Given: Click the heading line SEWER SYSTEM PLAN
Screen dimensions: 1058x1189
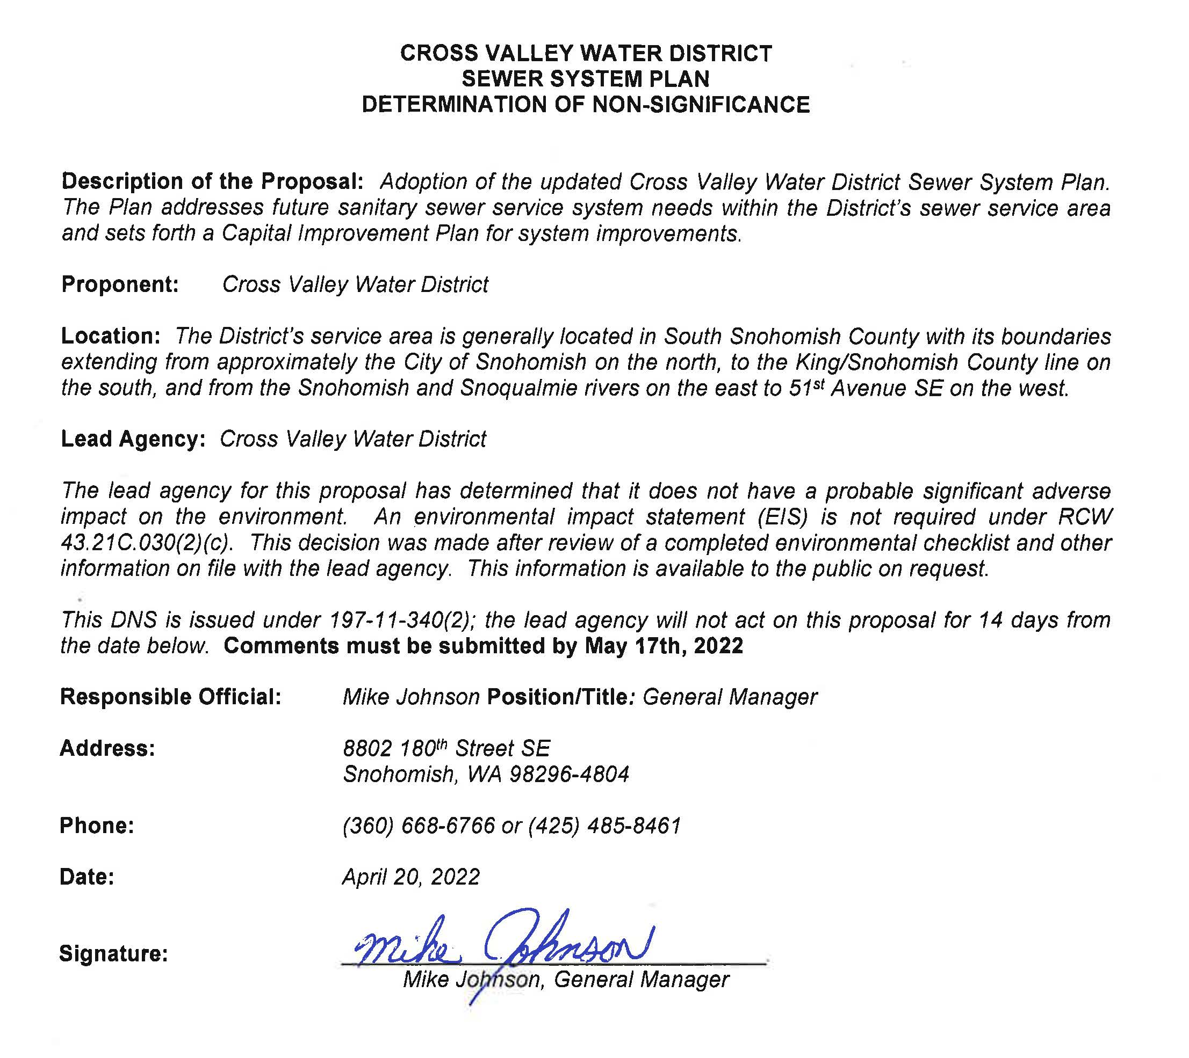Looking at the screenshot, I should click(x=585, y=79).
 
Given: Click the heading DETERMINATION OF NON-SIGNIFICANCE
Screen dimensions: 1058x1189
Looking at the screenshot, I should click(x=585, y=105).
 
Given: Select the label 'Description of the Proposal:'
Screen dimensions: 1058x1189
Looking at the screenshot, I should click(x=212, y=182).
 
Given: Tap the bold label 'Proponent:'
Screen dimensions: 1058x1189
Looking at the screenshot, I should click(x=120, y=285).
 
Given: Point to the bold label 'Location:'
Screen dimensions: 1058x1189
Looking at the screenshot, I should click(x=111, y=337).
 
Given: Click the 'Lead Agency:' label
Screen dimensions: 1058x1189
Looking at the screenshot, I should click(x=133, y=440).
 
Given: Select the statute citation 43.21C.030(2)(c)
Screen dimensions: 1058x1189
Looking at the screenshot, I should click(x=147, y=543).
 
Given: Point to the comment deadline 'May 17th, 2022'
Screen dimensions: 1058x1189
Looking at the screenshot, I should click(x=664, y=646).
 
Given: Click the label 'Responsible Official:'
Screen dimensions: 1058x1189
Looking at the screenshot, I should click(x=170, y=697).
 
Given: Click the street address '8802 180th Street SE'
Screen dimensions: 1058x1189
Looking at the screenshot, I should click(x=446, y=749).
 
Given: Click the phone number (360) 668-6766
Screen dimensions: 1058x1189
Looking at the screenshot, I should click(x=419, y=826).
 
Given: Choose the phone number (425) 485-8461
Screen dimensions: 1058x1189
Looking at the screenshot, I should click(x=605, y=826).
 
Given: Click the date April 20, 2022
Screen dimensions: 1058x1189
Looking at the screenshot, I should click(x=410, y=877).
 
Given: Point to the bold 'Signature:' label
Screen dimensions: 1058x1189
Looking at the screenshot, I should click(x=113, y=954).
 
